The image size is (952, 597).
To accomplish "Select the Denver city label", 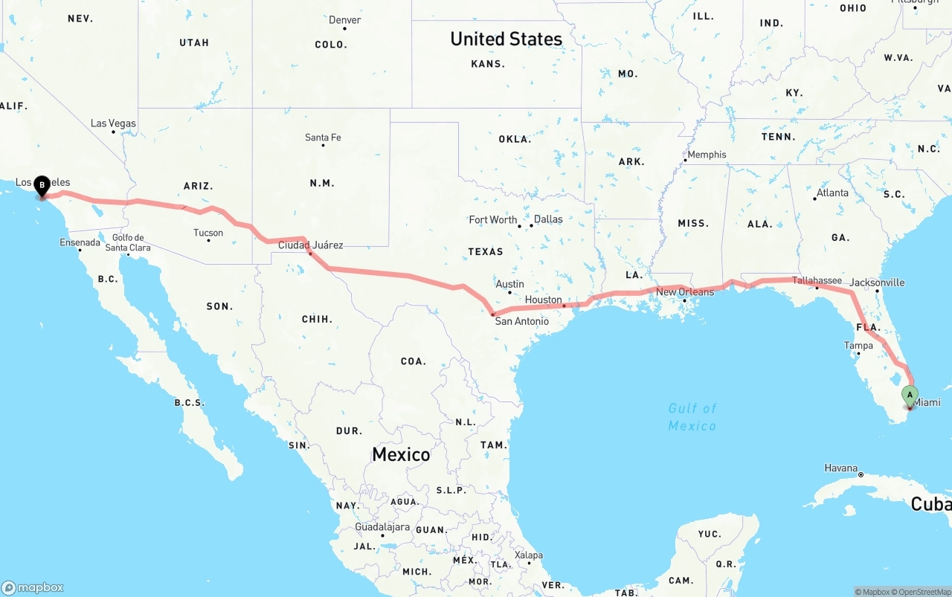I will point(344,20).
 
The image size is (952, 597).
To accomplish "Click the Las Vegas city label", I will point(113,123).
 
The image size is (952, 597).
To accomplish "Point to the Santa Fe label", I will point(323,138).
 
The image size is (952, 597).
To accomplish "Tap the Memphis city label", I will point(707,155).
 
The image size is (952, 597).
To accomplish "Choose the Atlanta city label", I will point(832,193).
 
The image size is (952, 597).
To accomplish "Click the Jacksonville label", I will point(877,283).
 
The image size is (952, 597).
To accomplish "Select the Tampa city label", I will point(858,346).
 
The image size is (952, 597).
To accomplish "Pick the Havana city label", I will point(840,468).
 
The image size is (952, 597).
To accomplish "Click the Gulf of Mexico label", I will point(692,417).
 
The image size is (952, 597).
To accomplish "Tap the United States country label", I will point(506,39).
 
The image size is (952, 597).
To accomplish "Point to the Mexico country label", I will point(401,454).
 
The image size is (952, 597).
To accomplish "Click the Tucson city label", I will point(208,233).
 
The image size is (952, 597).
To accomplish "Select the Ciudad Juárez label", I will point(311,245).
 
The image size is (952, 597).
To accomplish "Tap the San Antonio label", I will point(522,321).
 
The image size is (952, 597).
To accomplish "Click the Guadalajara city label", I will point(382,526).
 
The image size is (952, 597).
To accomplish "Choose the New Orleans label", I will point(685,292).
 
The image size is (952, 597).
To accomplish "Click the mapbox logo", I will point(33,587).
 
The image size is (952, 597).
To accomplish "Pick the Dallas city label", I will point(548,219).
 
